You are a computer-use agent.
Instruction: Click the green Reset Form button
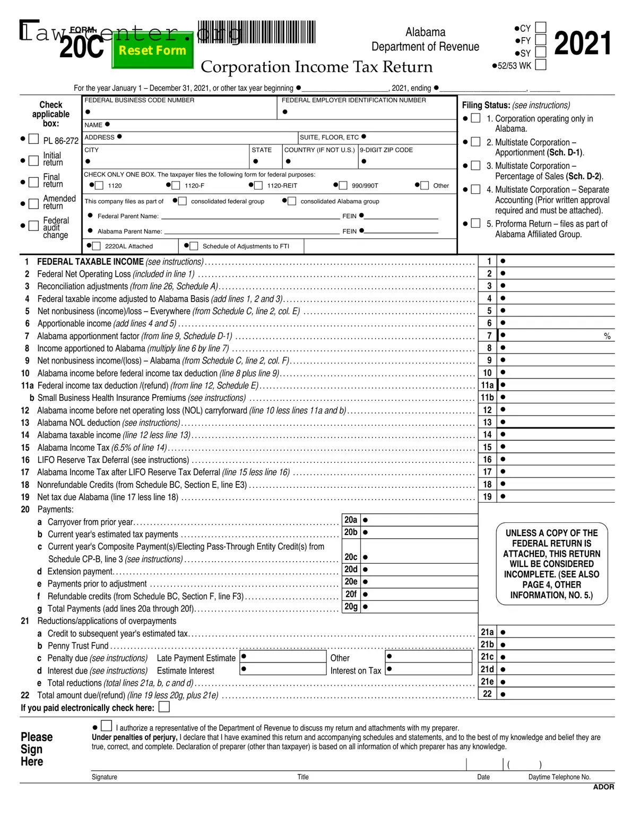tap(152, 51)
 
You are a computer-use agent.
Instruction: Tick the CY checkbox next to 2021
tap(540, 28)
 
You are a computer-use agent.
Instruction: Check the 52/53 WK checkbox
tap(540, 65)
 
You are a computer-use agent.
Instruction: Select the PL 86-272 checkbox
tap(33, 139)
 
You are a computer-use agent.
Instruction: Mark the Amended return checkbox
tap(33, 203)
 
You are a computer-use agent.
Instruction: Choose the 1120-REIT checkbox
tap(258, 185)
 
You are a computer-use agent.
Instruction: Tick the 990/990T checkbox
tap(343, 185)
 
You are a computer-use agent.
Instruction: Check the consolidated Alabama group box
tap(292, 201)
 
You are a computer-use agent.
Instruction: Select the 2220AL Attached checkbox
tap(97, 246)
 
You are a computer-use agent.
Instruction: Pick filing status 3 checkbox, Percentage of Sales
tap(476, 166)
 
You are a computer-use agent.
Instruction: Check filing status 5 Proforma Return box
tap(476, 223)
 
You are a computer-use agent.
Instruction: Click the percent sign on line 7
tap(607, 337)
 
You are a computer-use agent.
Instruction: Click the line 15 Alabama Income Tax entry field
tap(557, 447)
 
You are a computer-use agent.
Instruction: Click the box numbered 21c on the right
tap(487, 657)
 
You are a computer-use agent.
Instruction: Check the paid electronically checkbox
tap(165, 707)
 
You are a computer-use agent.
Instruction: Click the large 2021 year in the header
tap(582, 44)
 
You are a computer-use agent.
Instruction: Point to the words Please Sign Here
tap(36, 749)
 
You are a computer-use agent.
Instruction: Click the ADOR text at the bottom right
tap(603, 787)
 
